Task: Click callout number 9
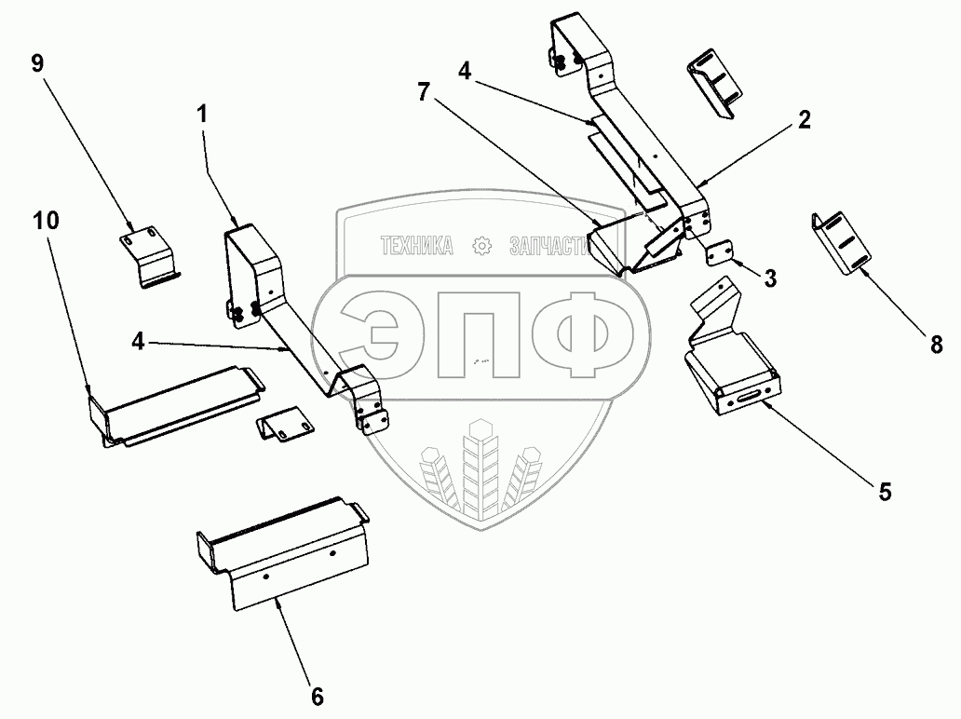(37, 63)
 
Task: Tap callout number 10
(46, 221)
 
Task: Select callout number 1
(202, 114)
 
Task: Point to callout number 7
(424, 92)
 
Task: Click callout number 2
(805, 119)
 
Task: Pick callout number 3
(770, 278)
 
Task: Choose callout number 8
(936, 346)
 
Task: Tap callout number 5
(885, 492)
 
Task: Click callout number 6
(317, 697)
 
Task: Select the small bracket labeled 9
(147, 256)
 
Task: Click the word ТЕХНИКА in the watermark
(417, 247)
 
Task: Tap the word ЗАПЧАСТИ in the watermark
(549, 247)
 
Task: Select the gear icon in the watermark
(482, 247)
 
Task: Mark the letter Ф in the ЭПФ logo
(582, 334)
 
